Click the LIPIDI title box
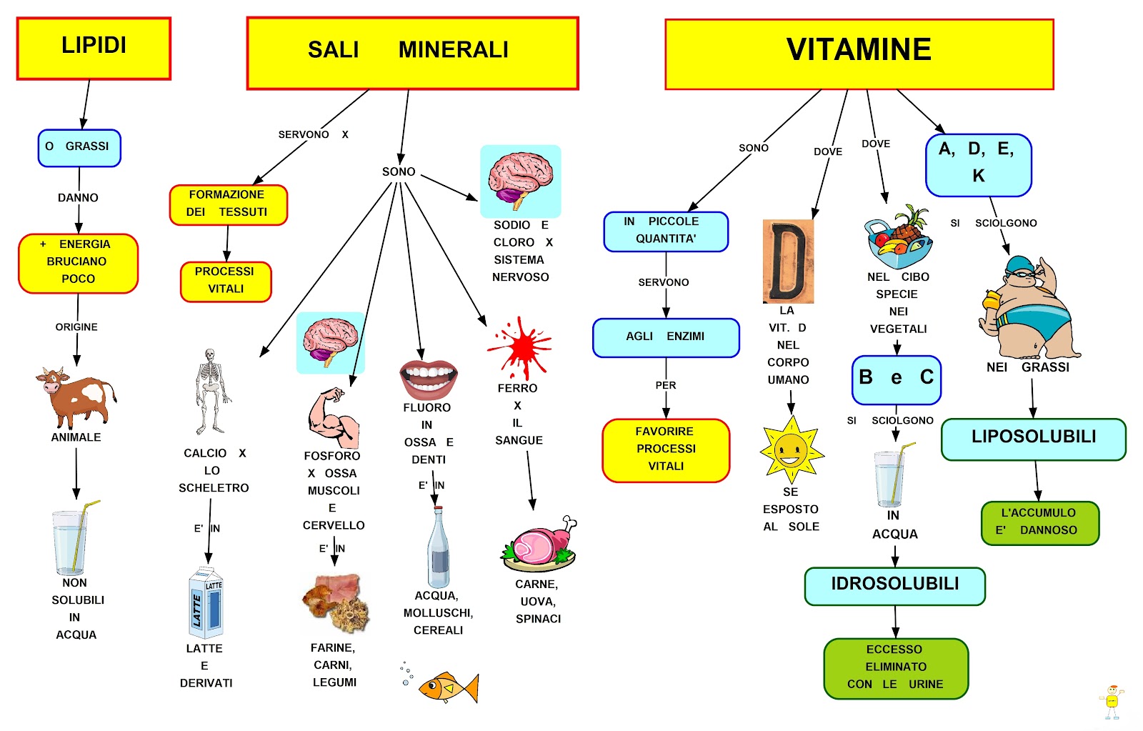click(x=94, y=48)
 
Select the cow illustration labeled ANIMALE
click(x=76, y=397)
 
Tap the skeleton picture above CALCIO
click(x=210, y=391)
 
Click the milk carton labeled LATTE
click(x=206, y=602)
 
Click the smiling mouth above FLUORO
click(x=428, y=378)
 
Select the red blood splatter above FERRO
click(x=521, y=348)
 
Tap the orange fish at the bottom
click(x=448, y=687)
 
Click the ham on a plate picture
click(x=539, y=546)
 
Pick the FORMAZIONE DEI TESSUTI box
click(x=228, y=204)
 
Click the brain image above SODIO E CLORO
click(x=520, y=181)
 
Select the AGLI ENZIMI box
click(x=665, y=337)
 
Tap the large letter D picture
click(x=788, y=262)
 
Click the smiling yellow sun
click(x=791, y=450)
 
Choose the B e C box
click(x=896, y=379)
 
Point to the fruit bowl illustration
click(x=899, y=238)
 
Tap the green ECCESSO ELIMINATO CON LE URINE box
click(x=896, y=668)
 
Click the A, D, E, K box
click(x=978, y=164)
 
